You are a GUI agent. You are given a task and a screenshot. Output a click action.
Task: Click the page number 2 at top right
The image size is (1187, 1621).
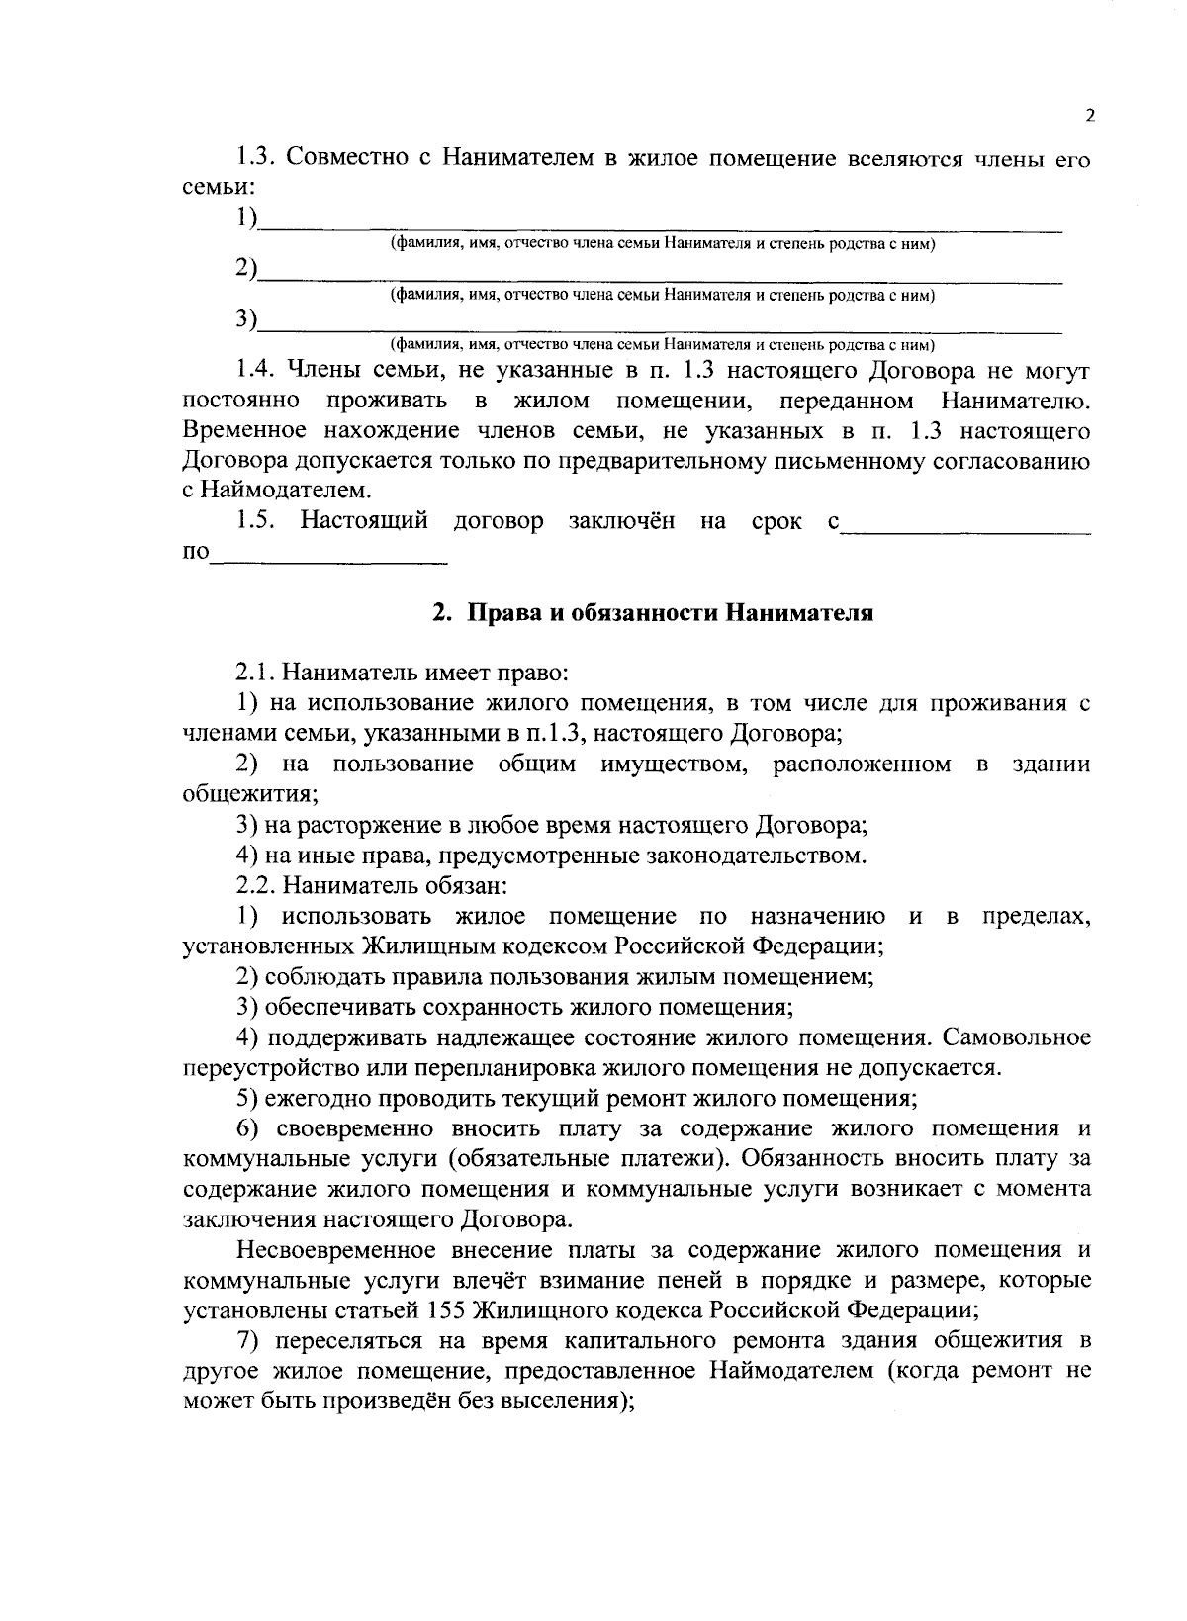(1089, 115)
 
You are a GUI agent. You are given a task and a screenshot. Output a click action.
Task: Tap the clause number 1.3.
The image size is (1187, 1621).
(259, 158)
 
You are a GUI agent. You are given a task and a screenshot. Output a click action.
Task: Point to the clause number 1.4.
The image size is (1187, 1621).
(259, 372)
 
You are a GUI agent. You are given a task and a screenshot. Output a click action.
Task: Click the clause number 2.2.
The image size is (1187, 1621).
(255, 885)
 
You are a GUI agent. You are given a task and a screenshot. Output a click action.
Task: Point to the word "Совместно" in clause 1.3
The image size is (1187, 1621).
(350, 158)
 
